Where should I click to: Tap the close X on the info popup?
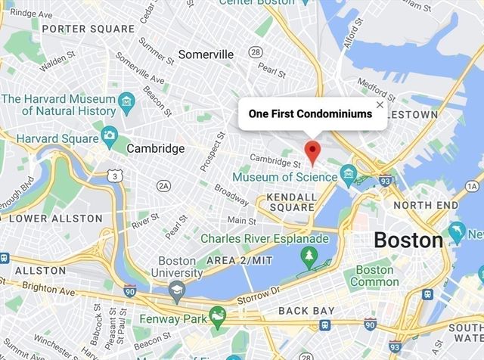coord(380,105)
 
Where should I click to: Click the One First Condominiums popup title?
coord(310,113)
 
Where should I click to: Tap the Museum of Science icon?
coord(349,177)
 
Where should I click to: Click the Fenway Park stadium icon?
coord(218,317)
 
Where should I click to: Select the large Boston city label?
coord(408,241)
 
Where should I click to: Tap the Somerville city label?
coord(206,54)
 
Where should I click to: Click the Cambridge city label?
coord(155,148)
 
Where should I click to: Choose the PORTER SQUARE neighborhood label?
coord(78,29)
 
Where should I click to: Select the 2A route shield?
coord(163,185)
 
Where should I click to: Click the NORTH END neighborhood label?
coord(426,205)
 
